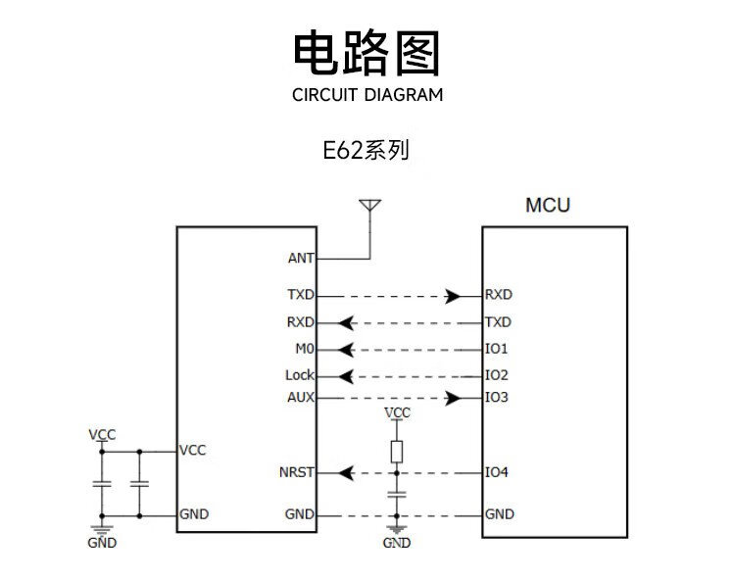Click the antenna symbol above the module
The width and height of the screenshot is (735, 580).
pos(369,206)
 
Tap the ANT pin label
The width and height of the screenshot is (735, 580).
pos(301,259)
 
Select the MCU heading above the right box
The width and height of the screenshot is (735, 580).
pos(548,206)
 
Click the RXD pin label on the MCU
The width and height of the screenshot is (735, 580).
pos(499,294)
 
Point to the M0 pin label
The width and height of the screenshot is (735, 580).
pos(305,349)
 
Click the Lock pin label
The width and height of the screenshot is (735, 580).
pos(300,375)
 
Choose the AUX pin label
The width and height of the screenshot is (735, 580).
pos(301,398)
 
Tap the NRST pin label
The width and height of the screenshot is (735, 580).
pos(297,472)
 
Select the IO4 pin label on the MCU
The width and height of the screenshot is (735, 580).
pos(497,472)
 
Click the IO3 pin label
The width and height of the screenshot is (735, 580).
pos(497,398)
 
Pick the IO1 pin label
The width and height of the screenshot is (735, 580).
pos(497,349)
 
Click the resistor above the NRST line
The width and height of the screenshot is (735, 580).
pos(397,451)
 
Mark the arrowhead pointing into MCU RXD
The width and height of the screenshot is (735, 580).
pos(453,295)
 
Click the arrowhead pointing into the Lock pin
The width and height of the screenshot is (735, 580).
pos(346,375)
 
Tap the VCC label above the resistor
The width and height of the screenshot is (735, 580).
pos(397,412)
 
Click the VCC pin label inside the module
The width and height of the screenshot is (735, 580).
pos(193,451)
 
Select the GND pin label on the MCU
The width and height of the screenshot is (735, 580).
pos(499,514)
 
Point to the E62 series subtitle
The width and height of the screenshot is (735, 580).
pos(367,151)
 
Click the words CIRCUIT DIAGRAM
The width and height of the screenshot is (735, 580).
pos(367,95)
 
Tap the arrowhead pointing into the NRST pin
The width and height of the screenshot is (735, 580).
pos(346,472)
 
